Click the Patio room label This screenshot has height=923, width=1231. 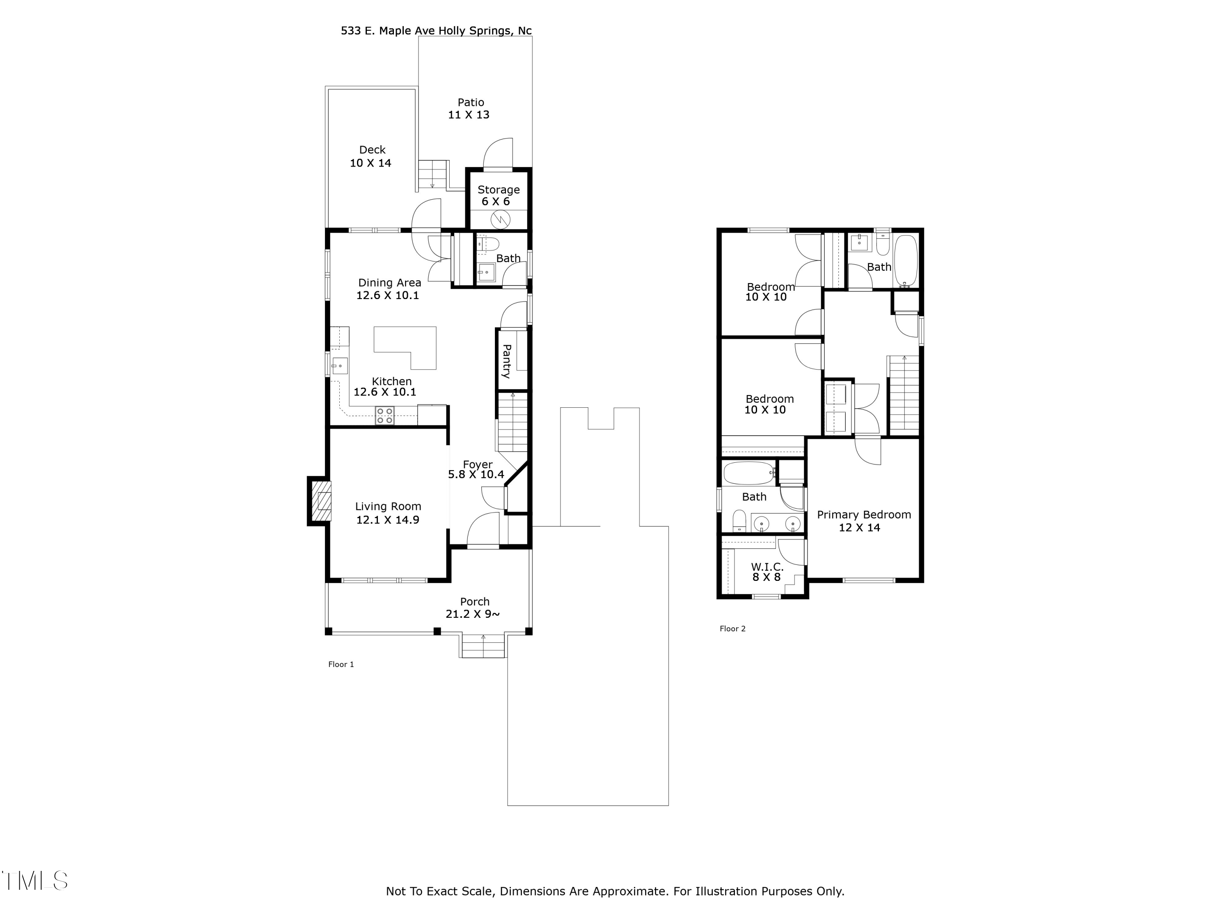pyautogui.click(x=471, y=103)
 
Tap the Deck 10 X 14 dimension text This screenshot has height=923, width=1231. pyautogui.click(x=371, y=163)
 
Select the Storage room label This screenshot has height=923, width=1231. pyautogui.click(x=499, y=190)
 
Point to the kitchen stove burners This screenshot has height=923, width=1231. pyautogui.click(x=384, y=416)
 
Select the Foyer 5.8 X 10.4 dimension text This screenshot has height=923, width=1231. pyautogui.click(x=476, y=475)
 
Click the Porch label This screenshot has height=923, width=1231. pyautogui.click(x=475, y=601)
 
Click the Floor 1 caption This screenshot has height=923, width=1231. pyautogui.click(x=341, y=664)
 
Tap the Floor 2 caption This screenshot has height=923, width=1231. pyautogui.click(x=732, y=629)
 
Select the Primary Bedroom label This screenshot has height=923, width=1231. pyautogui.click(x=864, y=515)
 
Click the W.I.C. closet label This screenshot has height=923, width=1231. pyautogui.click(x=767, y=567)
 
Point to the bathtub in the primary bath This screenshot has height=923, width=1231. pyautogui.click(x=749, y=473)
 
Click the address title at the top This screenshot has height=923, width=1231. pyautogui.click(x=436, y=31)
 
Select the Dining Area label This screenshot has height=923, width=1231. pyautogui.click(x=389, y=283)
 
